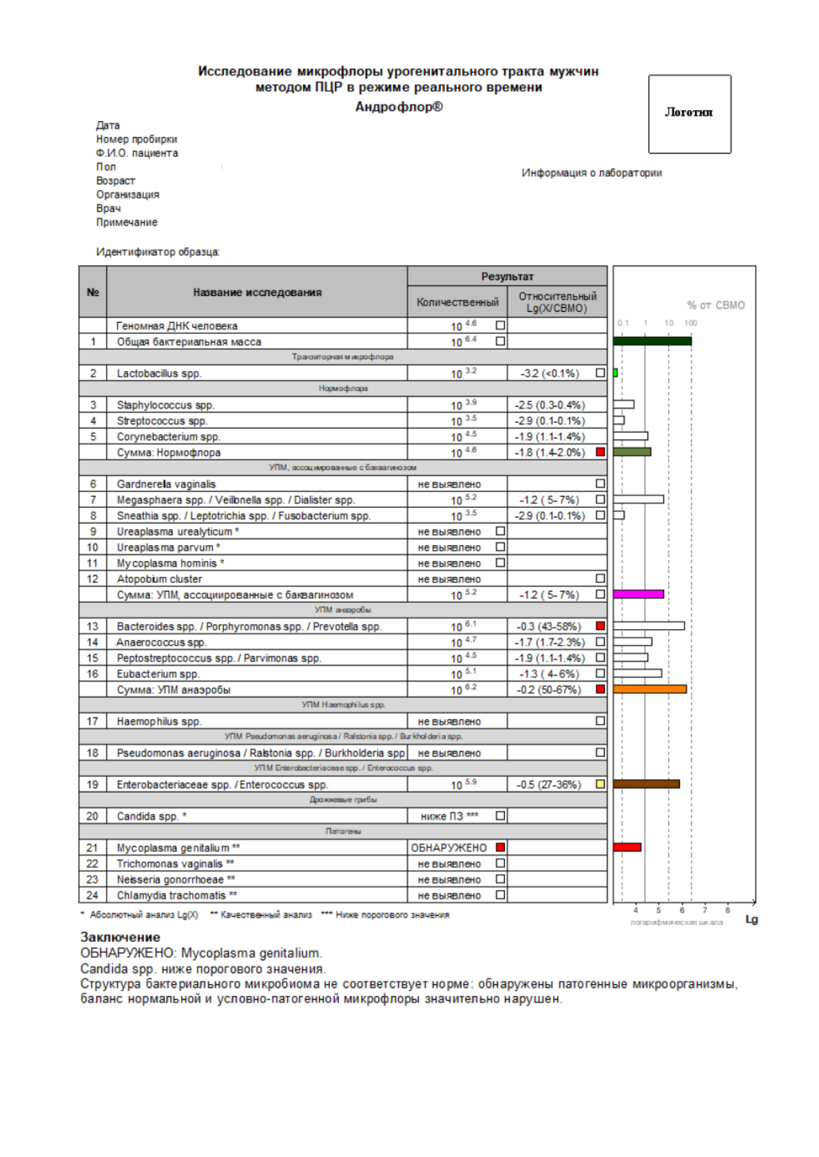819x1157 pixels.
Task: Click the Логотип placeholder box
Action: pyautogui.click(x=689, y=114)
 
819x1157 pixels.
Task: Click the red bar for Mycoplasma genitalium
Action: pyautogui.click(x=627, y=847)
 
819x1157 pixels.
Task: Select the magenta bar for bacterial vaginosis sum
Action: pyautogui.click(x=639, y=594)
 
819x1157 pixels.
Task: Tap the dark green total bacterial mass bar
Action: pyautogui.click(x=652, y=341)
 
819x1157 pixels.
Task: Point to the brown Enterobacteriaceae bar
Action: pyautogui.click(x=646, y=784)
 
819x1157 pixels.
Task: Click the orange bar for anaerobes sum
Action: pyautogui.click(x=650, y=689)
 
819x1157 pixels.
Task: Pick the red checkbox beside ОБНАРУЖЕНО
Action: pyautogui.click(x=501, y=847)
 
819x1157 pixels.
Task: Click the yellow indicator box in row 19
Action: pyautogui.click(x=600, y=784)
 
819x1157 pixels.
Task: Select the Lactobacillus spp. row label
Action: pyautogui.click(x=159, y=374)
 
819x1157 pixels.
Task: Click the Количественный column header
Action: pyautogui.click(x=457, y=302)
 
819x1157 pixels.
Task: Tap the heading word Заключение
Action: pyautogui.click(x=120, y=937)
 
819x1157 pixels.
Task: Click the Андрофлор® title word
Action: pyautogui.click(x=399, y=107)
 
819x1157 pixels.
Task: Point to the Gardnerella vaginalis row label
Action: pyautogui.click(x=166, y=485)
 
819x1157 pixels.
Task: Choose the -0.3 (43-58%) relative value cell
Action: pyautogui.click(x=549, y=626)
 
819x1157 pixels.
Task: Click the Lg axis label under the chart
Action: pyautogui.click(x=751, y=920)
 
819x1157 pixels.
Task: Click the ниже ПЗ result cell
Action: pyautogui.click(x=449, y=816)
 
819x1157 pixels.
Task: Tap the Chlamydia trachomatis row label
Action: pyautogui.click(x=177, y=895)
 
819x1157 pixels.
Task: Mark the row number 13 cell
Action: pyautogui.click(x=93, y=626)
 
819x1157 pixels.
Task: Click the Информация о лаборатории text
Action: pyautogui.click(x=592, y=173)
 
